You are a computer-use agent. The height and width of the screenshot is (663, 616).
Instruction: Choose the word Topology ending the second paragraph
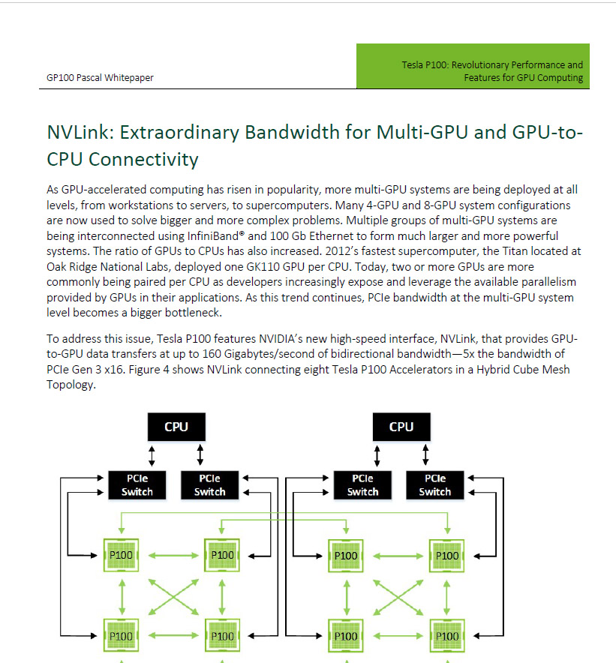point(71,385)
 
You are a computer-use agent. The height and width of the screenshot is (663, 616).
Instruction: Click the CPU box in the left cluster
point(176,427)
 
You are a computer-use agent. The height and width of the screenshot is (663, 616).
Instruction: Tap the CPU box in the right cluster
point(401,427)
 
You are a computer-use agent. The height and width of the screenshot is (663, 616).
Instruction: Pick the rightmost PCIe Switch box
point(434,484)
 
